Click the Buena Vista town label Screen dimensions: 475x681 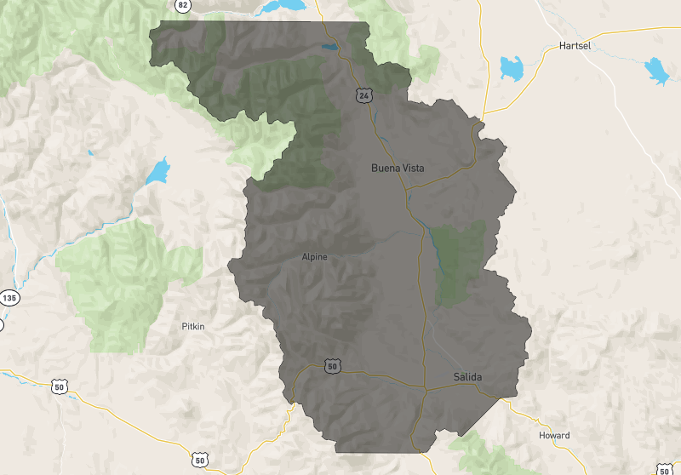pos(398,169)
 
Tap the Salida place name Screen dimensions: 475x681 pos(466,376)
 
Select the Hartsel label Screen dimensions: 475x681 pos(575,45)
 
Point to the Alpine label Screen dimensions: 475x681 pos(314,256)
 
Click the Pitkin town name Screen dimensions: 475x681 pos(193,326)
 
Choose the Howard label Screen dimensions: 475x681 pos(554,435)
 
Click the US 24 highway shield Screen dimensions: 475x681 pos(363,97)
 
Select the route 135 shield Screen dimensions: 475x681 pos(9,298)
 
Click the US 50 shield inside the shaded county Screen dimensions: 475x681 pos(332,366)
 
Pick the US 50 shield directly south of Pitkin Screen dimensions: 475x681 pos(199,460)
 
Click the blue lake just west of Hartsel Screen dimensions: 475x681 pos(512,68)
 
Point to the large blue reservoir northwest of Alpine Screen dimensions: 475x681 pos(158,172)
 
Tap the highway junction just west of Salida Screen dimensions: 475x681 pos(425,389)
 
